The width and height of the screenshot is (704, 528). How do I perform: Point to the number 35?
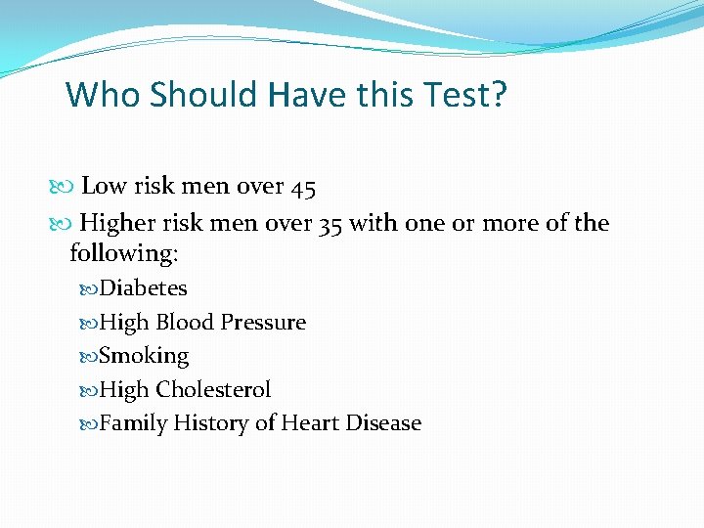coord(330,224)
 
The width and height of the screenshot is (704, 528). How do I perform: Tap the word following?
coord(124,253)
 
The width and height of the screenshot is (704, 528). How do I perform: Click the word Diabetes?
coord(144,288)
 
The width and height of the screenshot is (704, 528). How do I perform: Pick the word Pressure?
coord(263,323)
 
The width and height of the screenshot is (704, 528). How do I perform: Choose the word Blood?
coord(186,323)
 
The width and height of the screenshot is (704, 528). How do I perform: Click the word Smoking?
coord(144,357)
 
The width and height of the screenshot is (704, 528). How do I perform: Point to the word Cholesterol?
coord(213,390)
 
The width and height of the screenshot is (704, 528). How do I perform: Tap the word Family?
coord(133,423)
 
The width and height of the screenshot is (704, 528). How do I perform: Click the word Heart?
coord(309,423)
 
